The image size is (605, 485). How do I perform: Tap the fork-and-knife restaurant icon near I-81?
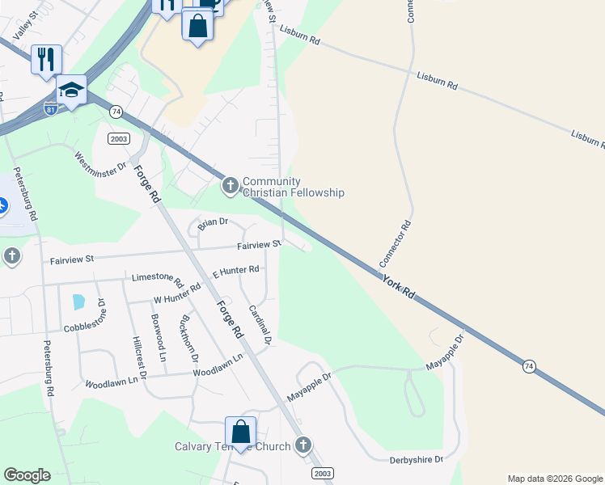46,59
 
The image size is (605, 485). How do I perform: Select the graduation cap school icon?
71,90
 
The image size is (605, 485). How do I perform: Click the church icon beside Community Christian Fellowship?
231,187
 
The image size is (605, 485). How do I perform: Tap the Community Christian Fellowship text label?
294,187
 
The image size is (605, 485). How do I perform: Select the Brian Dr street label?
213,221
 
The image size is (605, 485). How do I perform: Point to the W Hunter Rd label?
177,293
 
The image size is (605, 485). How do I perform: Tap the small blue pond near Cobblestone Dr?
78,302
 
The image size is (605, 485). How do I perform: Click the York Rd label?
399,286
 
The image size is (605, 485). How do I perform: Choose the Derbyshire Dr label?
417,459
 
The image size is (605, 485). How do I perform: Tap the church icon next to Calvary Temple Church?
302,445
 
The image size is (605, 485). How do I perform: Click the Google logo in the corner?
27,475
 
